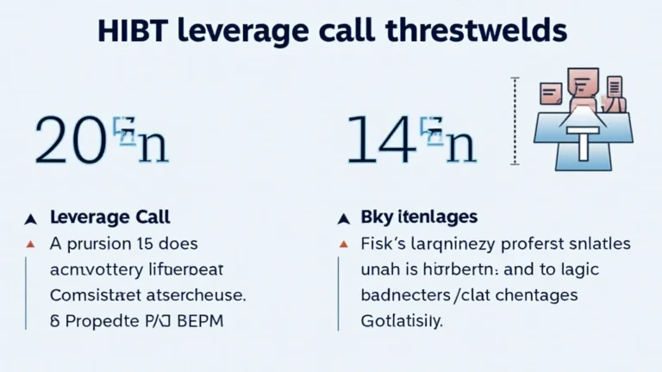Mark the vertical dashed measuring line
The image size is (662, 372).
pos(515,121)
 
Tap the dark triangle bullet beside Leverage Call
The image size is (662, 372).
pos(31,219)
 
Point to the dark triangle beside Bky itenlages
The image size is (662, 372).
pos(343,219)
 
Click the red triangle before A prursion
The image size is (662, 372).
pos(31,244)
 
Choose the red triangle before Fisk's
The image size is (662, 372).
pos(343,244)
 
